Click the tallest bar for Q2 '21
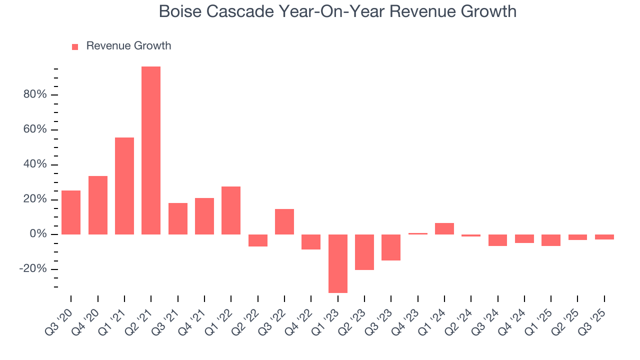[x=151, y=150]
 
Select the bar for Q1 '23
[x=337, y=263]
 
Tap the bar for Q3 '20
[x=71, y=212]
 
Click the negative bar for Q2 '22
[x=257, y=240]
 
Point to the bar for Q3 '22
[x=284, y=221]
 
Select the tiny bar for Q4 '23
[x=417, y=233]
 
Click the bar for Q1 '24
[x=444, y=228]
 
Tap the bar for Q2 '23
[x=364, y=252]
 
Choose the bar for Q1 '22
[x=231, y=210]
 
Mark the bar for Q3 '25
[x=604, y=237]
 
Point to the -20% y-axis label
[x=33, y=269]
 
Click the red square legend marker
[x=75, y=46]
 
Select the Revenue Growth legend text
[x=128, y=46]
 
